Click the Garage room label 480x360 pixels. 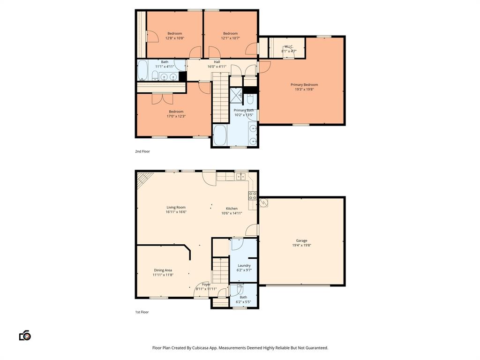click(x=301, y=240)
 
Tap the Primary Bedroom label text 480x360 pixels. click(x=304, y=85)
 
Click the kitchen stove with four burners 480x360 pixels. click(x=252, y=195)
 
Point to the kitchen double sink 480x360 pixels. click(x=241, y=177)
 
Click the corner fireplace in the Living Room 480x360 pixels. click(x=144, y=179)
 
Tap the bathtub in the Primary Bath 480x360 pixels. click(x=220, y=135)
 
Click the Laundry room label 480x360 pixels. click(x=244, y=265)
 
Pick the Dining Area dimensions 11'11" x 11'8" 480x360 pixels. click(x=163, y=275)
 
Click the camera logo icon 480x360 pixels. click(x=25, y=336)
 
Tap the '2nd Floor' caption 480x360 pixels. click(x=142, y=151)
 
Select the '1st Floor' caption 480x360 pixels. click(x=142, y=312)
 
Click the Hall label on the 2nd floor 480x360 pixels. click(x=217, y=62)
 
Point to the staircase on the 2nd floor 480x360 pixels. click(x=220, y=101)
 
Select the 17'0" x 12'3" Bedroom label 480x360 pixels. click(x=176, y=112)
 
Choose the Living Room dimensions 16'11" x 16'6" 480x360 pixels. click(x=176, y=212)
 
